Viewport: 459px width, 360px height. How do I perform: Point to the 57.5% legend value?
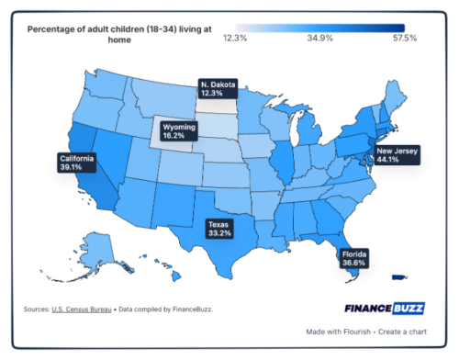(405, 38)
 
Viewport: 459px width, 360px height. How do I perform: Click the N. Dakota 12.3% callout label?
(218, 89)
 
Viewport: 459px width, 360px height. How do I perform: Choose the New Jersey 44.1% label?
(396, 153)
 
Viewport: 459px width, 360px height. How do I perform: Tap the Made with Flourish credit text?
(344, 332)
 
